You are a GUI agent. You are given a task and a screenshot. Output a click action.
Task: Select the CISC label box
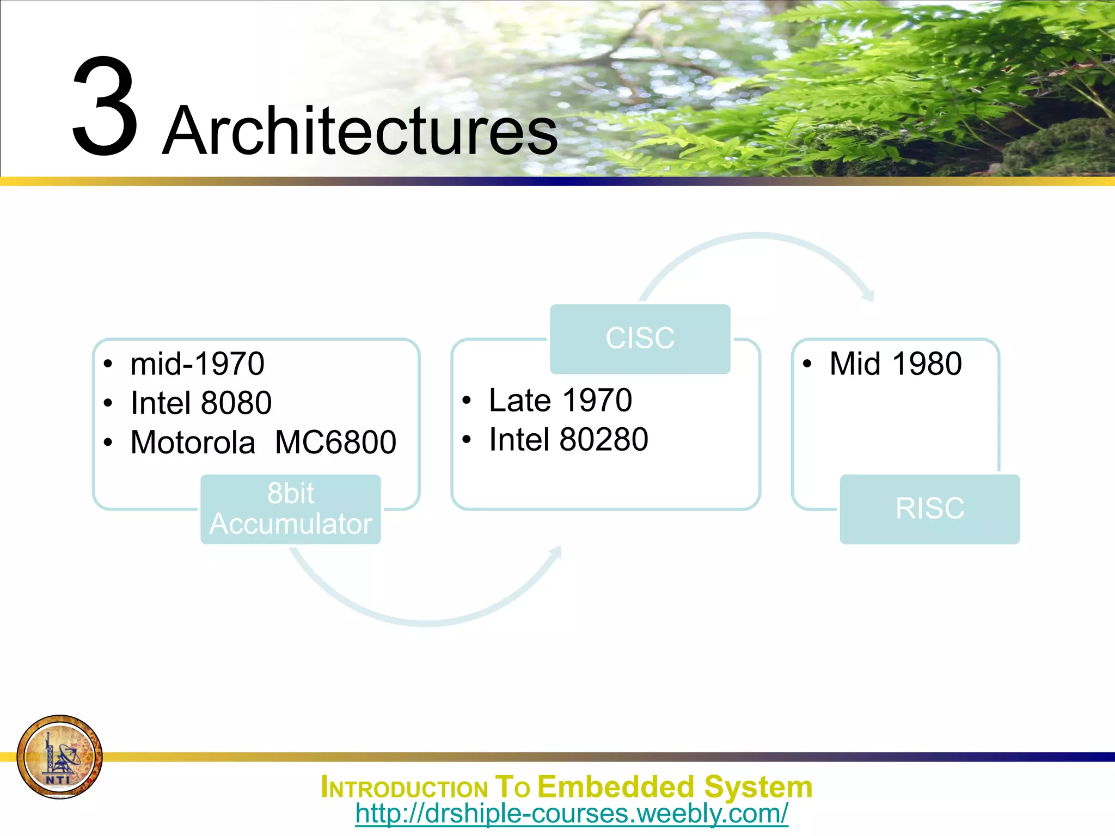[x=640, y=339]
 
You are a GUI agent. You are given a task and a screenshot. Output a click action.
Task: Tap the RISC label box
[x=929, y=509]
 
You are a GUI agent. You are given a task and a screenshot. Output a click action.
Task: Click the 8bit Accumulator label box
[x=290, y=509]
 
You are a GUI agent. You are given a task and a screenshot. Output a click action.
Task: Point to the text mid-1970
[x=197, y=364]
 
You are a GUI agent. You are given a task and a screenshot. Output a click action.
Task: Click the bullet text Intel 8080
[x=201, y=403]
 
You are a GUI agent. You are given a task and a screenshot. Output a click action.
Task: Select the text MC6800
[x=335, y=442]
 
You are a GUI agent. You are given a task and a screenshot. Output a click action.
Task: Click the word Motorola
[x=193, y=442]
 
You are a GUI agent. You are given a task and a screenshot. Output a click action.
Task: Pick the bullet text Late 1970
[x=560, y=401]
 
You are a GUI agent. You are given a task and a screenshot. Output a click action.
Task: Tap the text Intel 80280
[x=568, y=440]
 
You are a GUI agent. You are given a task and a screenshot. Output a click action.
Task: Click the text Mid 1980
[x=896, y=364]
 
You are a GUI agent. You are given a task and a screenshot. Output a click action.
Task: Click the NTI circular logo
[x=59, y=757]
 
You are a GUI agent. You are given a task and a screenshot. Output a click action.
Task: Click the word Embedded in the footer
[x=616, y=787]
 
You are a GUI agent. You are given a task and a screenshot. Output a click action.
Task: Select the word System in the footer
[x=758, y=787]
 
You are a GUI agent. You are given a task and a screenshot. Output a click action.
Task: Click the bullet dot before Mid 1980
[x=807, y=364]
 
